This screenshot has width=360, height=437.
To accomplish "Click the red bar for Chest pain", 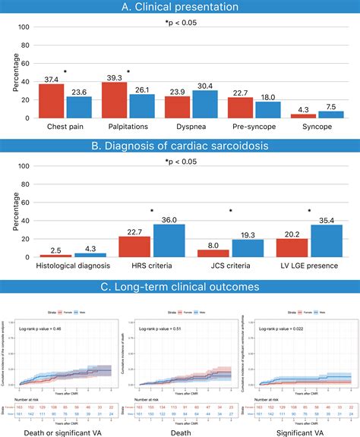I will coord(52,101).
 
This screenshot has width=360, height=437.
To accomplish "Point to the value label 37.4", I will coord(52,79).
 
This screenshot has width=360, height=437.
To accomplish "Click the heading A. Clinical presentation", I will coord(179,8).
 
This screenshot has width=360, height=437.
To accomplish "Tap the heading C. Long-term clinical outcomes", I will coord(179,287).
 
